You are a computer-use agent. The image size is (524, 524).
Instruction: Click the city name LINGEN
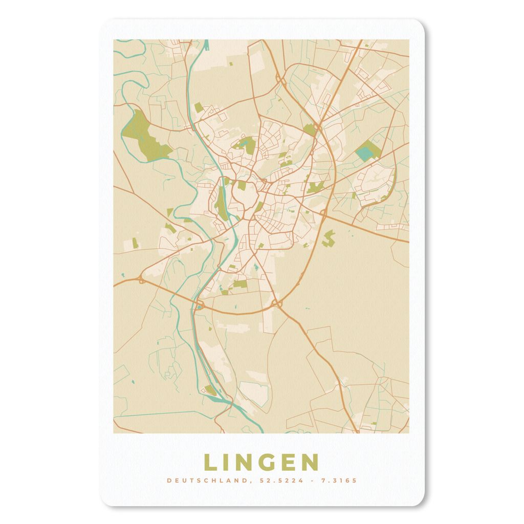261,462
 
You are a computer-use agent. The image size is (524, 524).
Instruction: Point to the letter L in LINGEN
210,462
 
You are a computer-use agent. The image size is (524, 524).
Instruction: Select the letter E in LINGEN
287,462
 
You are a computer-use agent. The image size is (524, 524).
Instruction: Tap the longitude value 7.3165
339,481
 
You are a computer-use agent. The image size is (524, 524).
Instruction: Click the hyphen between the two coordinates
313,481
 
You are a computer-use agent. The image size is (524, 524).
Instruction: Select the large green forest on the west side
145,134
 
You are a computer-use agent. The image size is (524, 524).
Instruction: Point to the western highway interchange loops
141,279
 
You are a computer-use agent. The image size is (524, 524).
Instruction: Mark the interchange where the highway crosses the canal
199,306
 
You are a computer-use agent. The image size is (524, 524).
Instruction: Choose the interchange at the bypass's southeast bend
278,304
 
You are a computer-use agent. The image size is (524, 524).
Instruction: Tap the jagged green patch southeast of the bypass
329,236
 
